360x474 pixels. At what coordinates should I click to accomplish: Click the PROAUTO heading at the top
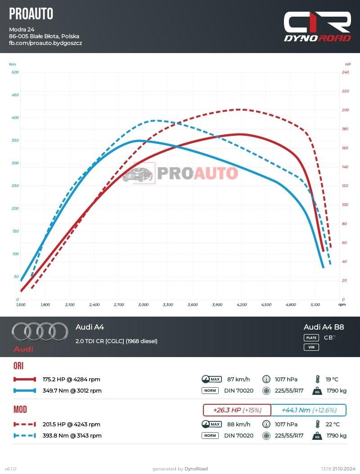31,14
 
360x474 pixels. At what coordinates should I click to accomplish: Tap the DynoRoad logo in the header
317,27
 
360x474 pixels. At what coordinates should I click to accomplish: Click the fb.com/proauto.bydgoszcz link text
45,43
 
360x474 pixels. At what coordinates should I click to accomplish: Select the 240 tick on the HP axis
345,72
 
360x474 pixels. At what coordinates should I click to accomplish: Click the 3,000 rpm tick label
144,305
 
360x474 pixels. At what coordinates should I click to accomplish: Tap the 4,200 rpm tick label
242,305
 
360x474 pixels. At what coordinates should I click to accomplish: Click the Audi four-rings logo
33,332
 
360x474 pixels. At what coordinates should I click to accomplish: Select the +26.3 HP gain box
237,410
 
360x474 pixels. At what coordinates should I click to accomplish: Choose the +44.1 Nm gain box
309,410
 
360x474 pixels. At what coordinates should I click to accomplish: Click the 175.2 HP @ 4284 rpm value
71,379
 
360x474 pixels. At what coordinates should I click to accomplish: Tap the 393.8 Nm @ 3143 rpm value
72,435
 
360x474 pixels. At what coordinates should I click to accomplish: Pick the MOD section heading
20,410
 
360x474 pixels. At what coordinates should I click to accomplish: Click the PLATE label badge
311,338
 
